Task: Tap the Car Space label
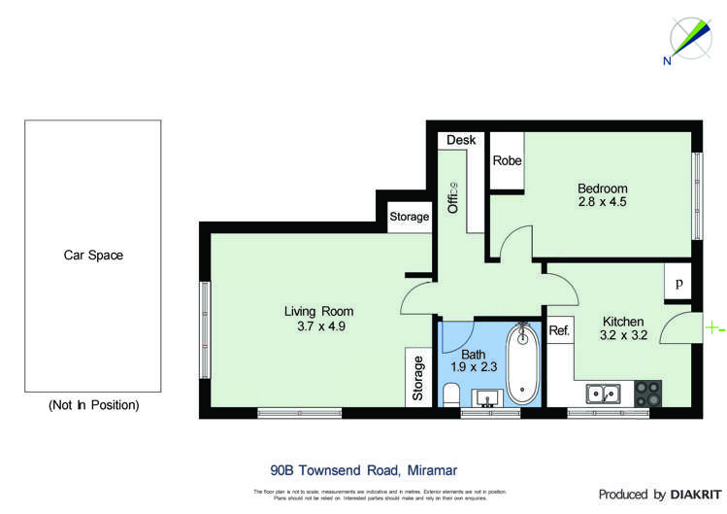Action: click(93, 256)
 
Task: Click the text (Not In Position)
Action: click(93, 404)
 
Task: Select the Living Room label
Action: click(318, 311)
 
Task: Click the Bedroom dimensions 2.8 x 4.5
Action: click(603, 204)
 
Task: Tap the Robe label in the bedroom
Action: click(507, 160)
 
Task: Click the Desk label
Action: click(461, 140)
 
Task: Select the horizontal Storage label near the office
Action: click(409, 217)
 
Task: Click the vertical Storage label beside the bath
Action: click(418, 379)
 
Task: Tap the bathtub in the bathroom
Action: click(523, 364)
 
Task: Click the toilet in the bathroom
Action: click(449, 394)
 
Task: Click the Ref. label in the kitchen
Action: click(559, 330)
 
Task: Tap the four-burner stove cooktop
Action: click(647, 393)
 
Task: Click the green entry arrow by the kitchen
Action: click(713, 328)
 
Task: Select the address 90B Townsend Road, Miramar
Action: click(363, 468)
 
